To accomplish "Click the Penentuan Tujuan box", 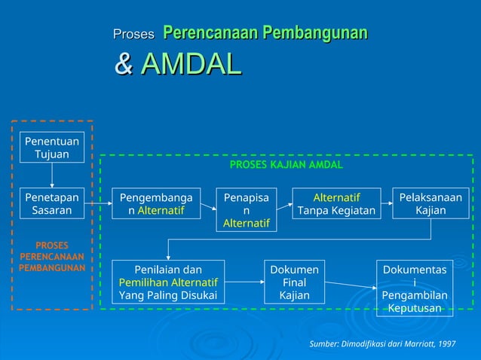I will tap(51, 148).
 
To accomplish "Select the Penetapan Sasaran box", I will tap(51, 204).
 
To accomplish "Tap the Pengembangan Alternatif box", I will tap(156, 204).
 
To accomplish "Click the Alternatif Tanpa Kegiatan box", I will tap(336, 204).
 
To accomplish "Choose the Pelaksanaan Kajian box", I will tap(430, 204).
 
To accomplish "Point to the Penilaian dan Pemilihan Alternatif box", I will tap(168, 282).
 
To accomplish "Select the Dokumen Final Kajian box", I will tap(294, 282).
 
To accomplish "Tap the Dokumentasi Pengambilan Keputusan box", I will tap(415, 288).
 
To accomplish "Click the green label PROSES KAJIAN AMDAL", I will tap(286, 164).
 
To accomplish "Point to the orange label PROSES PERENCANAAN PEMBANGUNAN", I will tap(51, 256).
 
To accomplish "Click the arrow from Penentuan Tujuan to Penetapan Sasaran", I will tap(51, 175).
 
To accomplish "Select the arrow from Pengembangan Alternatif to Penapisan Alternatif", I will tap(209, 204).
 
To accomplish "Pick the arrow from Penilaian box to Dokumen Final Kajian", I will tap(244, 282).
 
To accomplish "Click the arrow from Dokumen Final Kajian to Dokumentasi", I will tap(351, 285).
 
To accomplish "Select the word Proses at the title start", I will tap(133, 34).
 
